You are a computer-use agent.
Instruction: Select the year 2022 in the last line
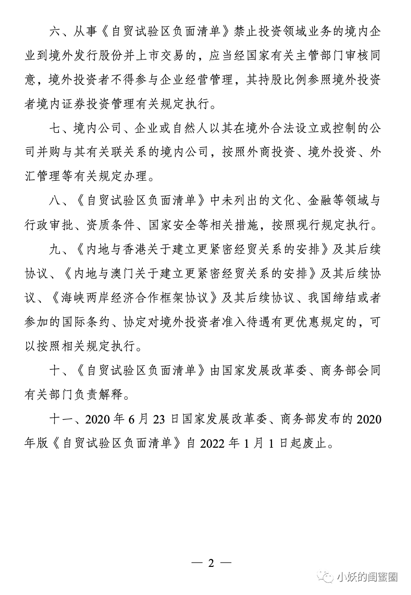tap(213, 444)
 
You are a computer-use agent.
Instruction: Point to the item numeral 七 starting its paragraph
tap(55, 129)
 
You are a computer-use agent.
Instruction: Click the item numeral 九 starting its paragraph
tap(55, 250)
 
